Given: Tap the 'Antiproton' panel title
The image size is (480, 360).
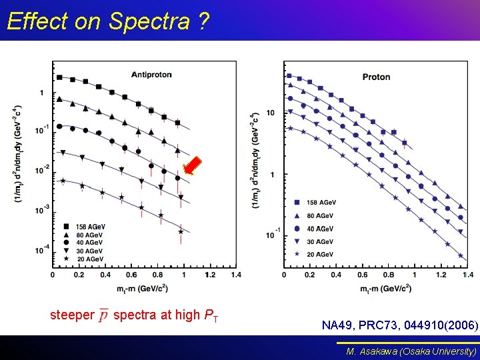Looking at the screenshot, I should coord(151,74).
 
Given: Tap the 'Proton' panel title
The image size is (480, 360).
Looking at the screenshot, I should coord(376,77).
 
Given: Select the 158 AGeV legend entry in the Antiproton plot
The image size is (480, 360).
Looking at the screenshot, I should coord(85,227).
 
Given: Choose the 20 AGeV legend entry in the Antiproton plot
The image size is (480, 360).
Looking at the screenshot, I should coord(85,259).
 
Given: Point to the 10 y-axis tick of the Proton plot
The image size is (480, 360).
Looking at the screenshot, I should coord(271,113).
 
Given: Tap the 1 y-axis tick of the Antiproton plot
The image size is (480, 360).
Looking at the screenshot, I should coord(43,93).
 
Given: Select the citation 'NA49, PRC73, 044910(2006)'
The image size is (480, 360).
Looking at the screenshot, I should coord(399,325).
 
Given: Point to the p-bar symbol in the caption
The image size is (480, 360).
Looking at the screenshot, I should coord(103,315).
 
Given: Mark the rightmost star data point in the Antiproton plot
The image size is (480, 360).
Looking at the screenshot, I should coord(181,231).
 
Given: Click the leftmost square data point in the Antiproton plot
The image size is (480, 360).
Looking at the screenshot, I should coord(59,77).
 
